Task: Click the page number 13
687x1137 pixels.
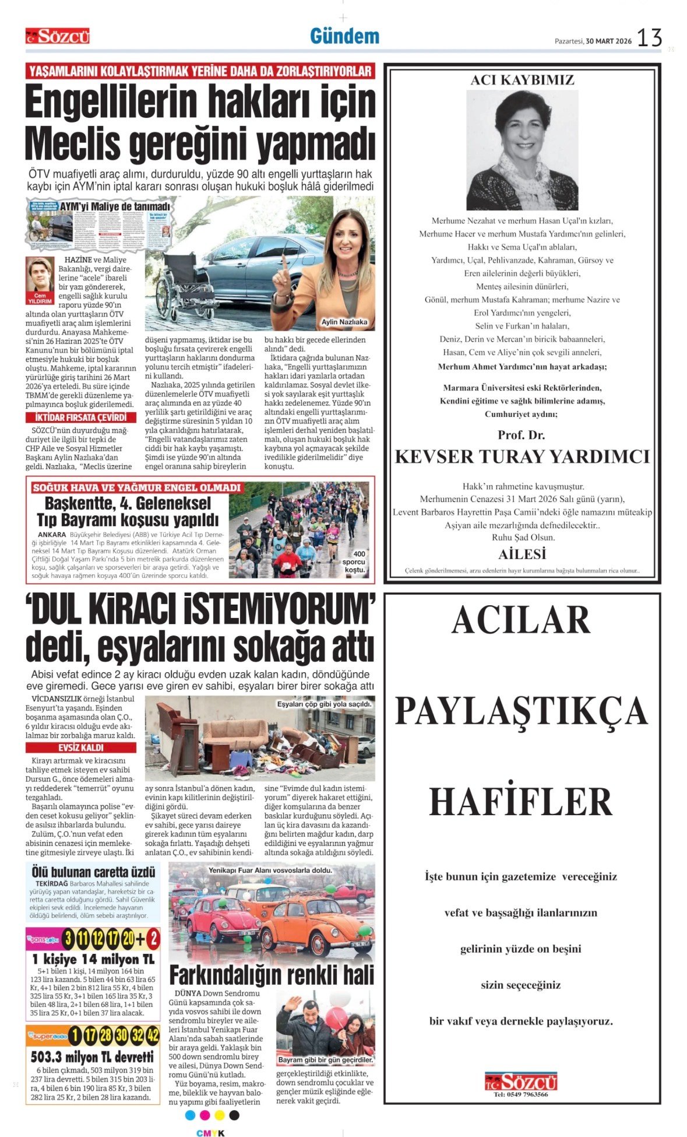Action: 649,38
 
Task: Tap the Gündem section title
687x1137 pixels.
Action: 344,36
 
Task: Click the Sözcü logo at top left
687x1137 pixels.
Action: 57,37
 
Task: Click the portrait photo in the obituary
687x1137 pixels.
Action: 522,150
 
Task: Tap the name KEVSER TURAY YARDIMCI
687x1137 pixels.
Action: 522,457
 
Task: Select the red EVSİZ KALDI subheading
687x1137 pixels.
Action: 80,748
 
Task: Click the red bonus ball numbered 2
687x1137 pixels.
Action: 153,939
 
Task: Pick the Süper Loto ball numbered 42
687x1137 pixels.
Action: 153,1036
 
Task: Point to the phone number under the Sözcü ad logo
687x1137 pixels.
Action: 521,1094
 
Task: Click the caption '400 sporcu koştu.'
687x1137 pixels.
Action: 354,562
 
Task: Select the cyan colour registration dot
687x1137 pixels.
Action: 189,1115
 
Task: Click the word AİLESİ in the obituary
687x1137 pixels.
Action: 522,554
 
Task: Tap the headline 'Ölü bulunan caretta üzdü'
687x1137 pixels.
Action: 93,872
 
